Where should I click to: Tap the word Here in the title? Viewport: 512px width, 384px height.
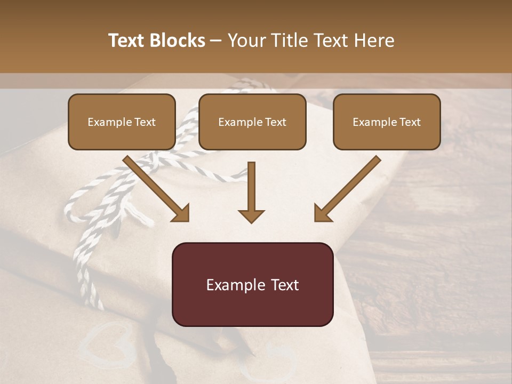[372, 41]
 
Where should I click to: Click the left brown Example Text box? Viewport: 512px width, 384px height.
[122, 122]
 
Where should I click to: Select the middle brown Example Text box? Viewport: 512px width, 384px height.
[252, 122]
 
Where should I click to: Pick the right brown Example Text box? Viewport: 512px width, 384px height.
[387, 122]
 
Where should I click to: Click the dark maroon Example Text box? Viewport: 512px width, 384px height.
[252, 284]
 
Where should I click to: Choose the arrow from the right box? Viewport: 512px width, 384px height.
[348, 188]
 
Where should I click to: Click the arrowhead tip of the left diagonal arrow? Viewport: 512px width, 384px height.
[187, 219]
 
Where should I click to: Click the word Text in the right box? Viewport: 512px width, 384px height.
[410, 122]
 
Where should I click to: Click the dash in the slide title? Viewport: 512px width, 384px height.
[216, 41]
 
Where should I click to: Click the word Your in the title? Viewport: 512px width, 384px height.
[245, 41]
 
